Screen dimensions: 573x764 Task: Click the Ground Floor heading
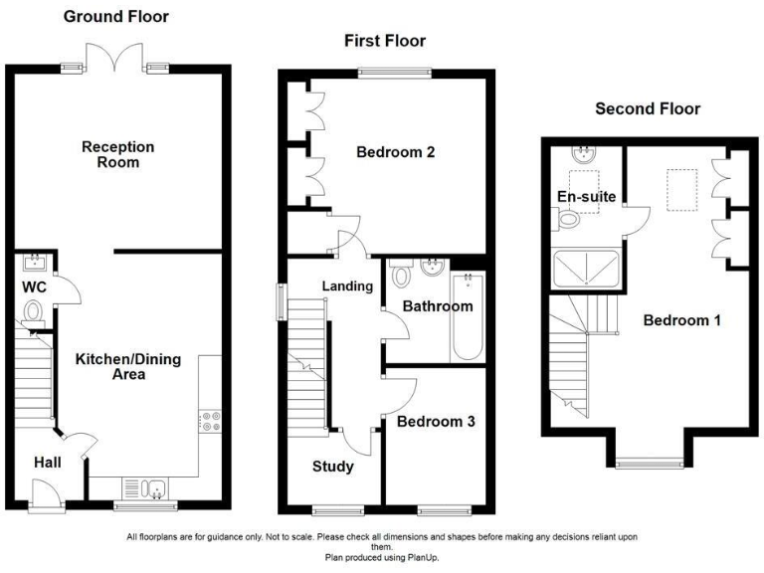116,17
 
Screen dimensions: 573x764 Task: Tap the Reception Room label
118,154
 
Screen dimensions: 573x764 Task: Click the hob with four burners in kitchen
210,420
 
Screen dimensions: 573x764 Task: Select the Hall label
48,463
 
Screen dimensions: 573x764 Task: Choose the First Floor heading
385,41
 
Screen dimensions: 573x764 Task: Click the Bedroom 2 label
396,153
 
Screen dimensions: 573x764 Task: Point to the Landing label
347,286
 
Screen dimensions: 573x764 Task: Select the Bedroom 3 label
436,422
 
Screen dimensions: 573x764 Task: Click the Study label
332,467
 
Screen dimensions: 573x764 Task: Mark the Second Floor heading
648,108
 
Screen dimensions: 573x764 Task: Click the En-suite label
580,198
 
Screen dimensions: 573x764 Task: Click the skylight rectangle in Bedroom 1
681,191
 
